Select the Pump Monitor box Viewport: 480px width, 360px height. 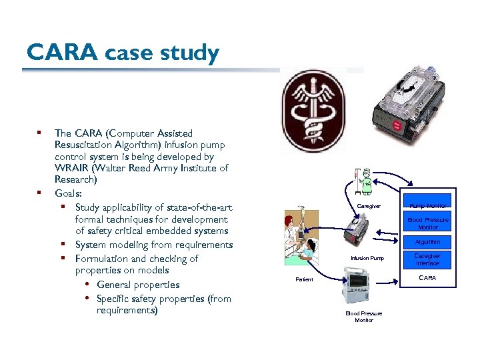(x=427, y=206)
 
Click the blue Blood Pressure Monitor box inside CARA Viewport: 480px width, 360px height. (x=427, y=223)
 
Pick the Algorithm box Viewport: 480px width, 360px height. (x=427, y=242)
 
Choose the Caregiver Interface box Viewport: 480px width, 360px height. (x=427, y=259)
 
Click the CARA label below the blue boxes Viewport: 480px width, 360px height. (x=427, y=277)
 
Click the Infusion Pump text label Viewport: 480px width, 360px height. (x=367, y=258)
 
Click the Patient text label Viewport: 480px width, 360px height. (x=304, y=279)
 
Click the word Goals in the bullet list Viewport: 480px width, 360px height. (x=68, y=193)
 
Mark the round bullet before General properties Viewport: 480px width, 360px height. (x=87, y=285)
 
